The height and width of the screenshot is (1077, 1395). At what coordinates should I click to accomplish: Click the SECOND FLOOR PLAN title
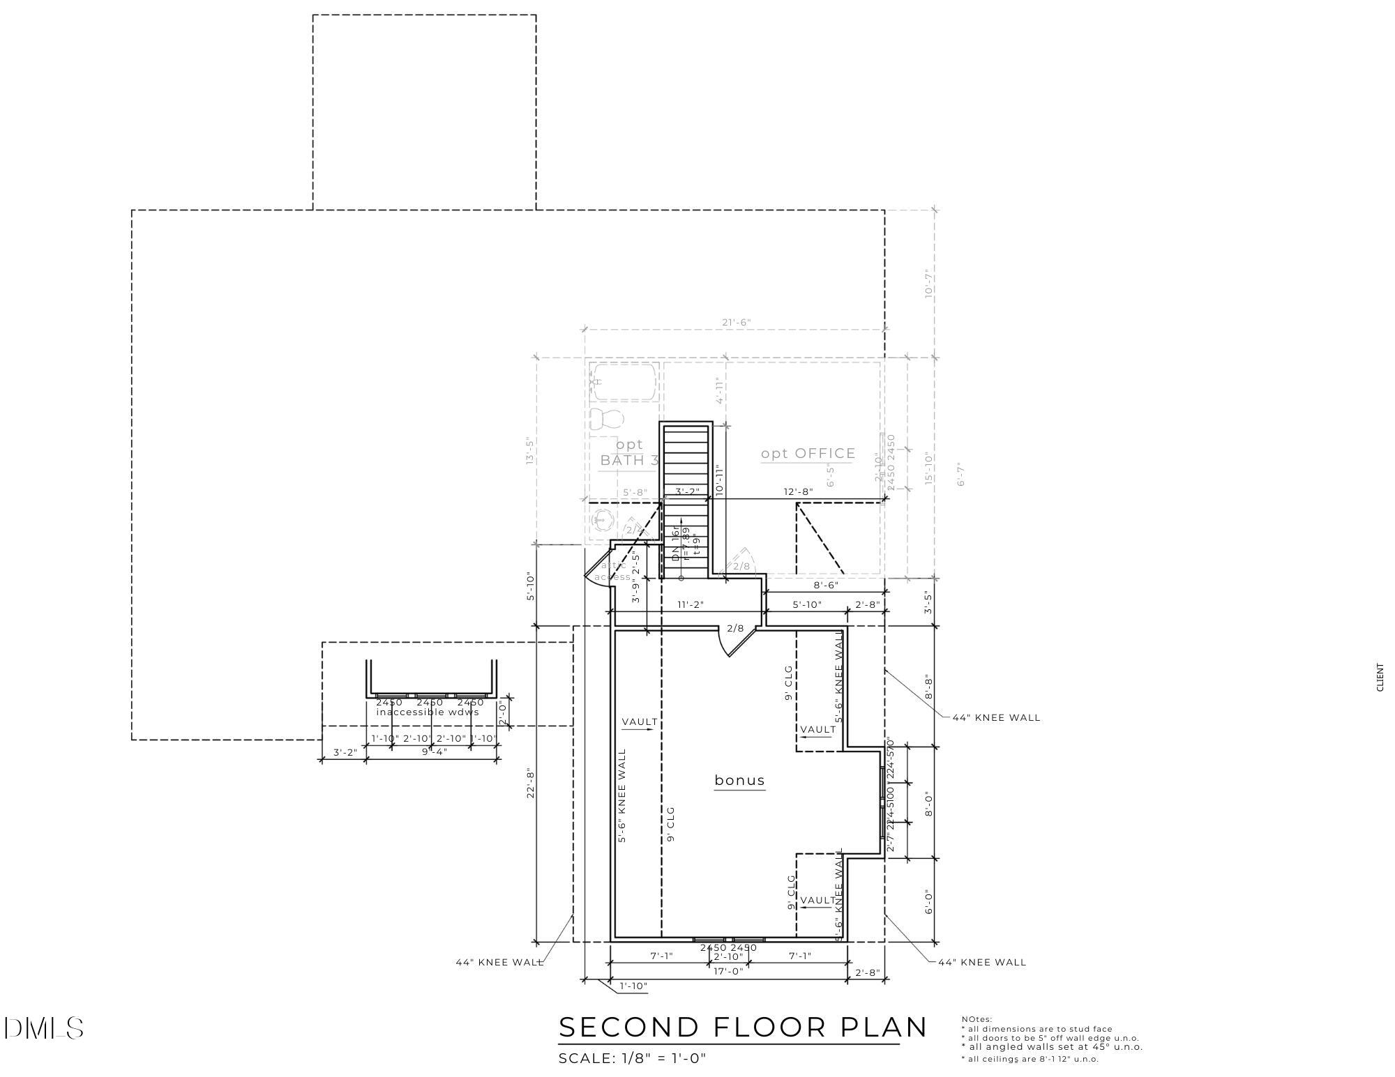point(743,1027)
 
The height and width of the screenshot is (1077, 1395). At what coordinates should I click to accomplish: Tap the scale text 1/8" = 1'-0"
point(632,1058)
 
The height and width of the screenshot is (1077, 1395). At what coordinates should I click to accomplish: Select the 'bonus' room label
point(739,780)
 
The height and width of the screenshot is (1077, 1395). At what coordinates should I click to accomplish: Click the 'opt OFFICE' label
point(808,454)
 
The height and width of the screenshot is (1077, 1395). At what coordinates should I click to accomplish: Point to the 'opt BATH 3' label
point(629,452)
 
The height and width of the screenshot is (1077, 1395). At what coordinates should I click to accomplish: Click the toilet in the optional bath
point(606,418)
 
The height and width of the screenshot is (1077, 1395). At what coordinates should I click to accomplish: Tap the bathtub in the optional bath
point(623,381)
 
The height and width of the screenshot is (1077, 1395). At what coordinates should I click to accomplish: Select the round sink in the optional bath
point(602,520)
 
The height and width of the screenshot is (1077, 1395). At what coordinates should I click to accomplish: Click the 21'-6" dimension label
point(736,322)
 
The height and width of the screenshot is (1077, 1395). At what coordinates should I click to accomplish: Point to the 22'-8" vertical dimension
point(530,783)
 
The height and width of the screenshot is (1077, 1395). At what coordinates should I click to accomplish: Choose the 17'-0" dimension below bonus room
point(728,971)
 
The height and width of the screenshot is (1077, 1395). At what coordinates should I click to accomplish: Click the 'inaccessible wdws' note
point(428,712)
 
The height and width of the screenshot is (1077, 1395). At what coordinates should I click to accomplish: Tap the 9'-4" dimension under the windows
point(435,751)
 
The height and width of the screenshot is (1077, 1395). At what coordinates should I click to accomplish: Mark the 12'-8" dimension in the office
point(799,491)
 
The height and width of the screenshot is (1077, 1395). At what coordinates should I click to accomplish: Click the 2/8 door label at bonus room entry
point(735,628)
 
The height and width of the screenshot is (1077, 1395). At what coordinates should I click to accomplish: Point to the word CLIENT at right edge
point(1379,677)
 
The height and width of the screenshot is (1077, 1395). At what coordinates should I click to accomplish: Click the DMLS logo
point(43,1028)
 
